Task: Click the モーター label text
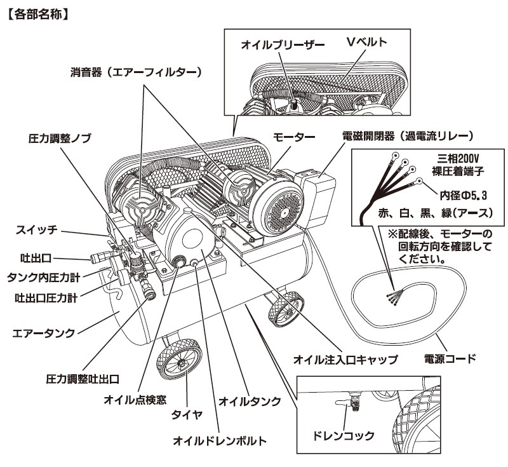[294, 137]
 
